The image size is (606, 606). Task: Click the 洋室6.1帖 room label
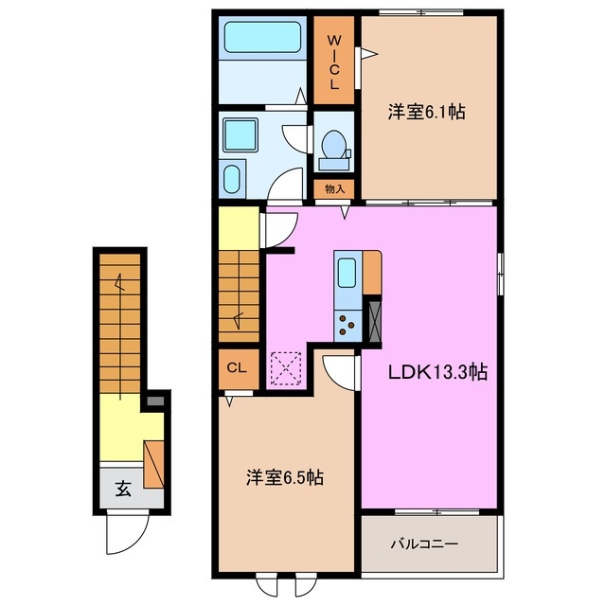click(425, 112)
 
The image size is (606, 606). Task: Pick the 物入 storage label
click(334, 189)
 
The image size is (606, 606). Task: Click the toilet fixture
click(332, 147)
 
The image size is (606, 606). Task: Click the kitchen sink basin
click(347, 273)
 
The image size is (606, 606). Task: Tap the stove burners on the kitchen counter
click(348, 325)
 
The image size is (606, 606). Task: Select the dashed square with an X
click(285, 368)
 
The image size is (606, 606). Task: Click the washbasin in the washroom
click(232, 177)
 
